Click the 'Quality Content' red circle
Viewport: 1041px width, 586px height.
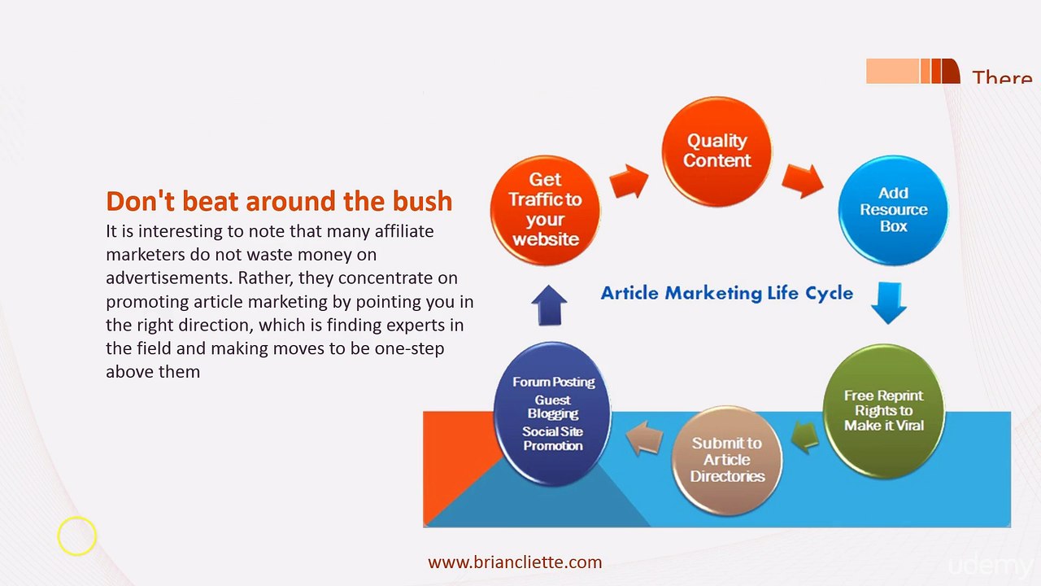coord(717,151)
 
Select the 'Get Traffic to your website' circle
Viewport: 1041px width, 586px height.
coord(545,210)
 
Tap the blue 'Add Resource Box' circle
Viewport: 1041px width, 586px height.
coord(893,210)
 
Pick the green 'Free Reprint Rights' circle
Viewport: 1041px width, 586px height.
coord(883,410)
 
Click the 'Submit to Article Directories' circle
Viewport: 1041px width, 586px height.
coord(727,460)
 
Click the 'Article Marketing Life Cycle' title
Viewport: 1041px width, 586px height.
coord(726,293)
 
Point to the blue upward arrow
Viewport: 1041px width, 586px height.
coord(549,305)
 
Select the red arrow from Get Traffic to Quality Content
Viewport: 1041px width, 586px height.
coord(629,180)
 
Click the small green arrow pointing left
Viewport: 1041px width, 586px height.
coord(805,437)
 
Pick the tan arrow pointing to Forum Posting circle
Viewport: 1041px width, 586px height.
coord(645,438)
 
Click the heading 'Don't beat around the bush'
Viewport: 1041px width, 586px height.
coord(279,201)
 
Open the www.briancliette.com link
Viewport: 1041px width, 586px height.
coord(515,562)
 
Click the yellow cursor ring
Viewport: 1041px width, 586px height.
coord(77,536)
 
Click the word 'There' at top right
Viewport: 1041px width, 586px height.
coord(1002,78)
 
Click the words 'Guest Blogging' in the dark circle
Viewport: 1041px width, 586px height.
coord(553,407)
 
